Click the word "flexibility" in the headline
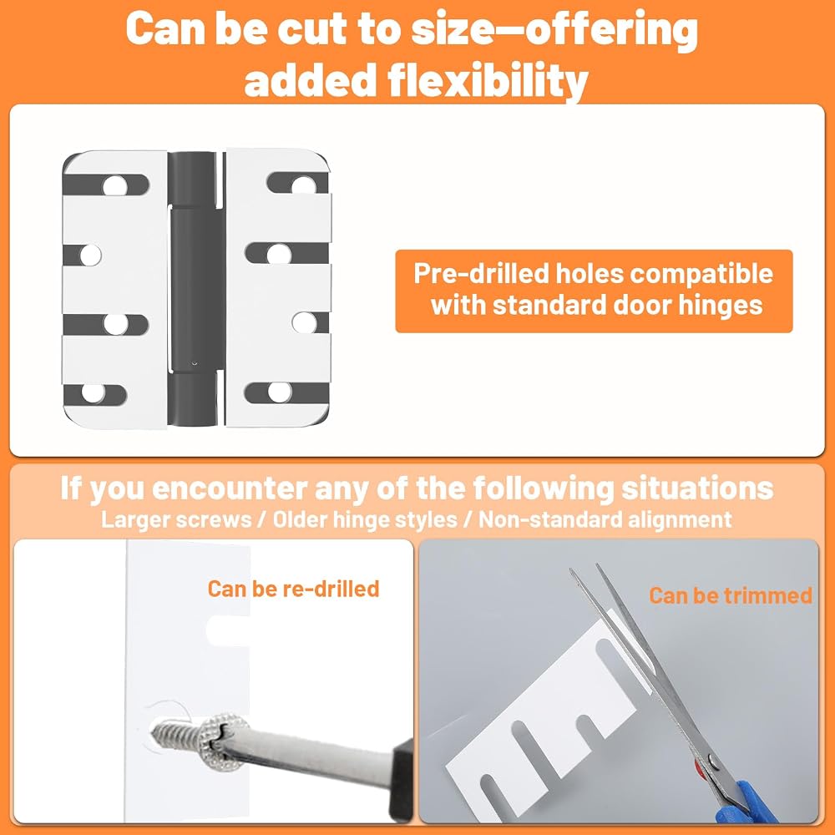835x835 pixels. (x=488, y=81)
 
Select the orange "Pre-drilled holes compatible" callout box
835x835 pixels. (x=593, y=291)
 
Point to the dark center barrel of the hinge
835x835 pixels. (x=194, y=288)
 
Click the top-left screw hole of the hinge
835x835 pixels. (x=115, y=186)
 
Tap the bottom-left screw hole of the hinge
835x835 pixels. (x=94, y=393)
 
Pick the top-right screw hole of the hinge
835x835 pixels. (x=304, y=185)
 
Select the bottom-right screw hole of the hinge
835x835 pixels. (x=279, y=392)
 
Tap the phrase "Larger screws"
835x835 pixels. (x=176, y=519)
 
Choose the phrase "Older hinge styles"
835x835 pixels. (x=365, y=519)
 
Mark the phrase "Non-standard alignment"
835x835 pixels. (x=605, y=519)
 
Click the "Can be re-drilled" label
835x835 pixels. (x=293, y=589)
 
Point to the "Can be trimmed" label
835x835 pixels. (x=731, y=595)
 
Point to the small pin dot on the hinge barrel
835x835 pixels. (x=195, y=363)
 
